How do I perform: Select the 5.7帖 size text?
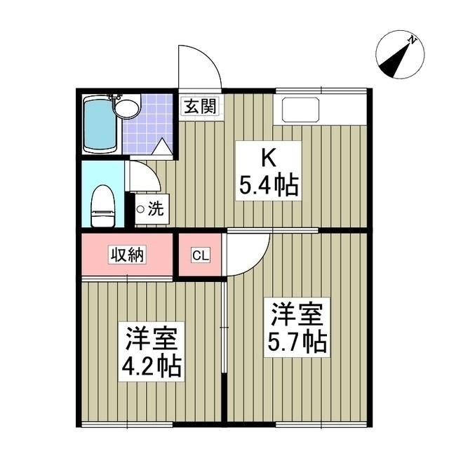297,342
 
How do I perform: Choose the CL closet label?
200,255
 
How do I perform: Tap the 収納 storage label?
126,254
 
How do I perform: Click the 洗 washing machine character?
157,208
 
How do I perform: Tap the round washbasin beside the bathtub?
127,108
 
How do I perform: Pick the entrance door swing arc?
200,67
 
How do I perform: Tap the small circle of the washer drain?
140,209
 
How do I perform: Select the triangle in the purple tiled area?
162,147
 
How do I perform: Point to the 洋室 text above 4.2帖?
154,337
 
